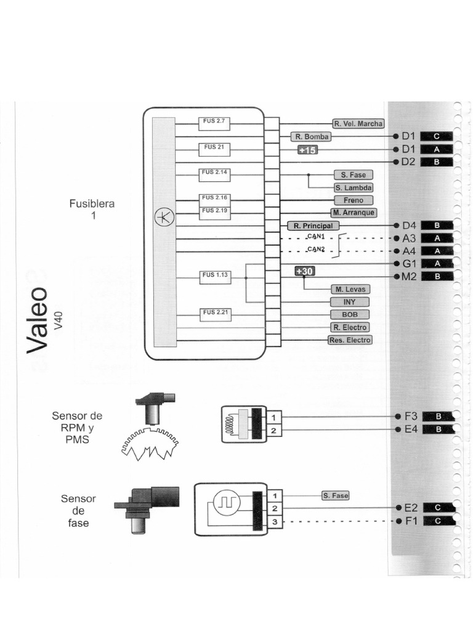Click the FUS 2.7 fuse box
[214, 123]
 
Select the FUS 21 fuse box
[214, 148]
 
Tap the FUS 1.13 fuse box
[214, 277]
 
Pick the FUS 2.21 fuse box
[214, 314]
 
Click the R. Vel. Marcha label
[358, 123]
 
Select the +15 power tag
[307, 150]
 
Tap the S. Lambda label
[354, 188]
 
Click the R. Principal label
[313, 226]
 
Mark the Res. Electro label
[350, 340]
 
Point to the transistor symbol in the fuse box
[164, 216]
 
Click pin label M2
[410, 276]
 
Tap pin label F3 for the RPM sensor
[411, 416]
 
